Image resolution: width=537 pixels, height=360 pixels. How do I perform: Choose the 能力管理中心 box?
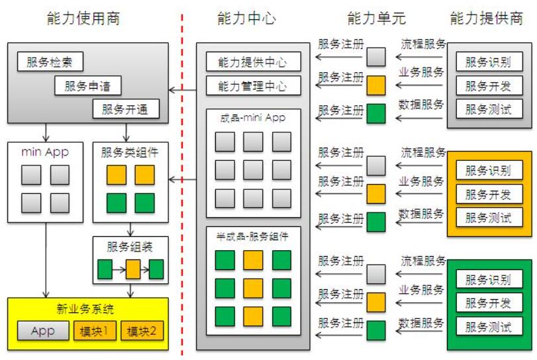coord(254,85)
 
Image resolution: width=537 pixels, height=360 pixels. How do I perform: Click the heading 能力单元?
coord(375,18)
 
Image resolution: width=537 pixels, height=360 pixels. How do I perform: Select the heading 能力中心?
coord(246,18)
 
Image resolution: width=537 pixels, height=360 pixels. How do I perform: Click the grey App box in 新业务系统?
coord(43,331)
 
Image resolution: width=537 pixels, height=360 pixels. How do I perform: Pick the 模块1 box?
coord(97,331)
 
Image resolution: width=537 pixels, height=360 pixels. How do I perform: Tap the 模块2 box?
coord(142,331)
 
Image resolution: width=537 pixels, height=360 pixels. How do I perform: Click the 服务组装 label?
coord(129,247)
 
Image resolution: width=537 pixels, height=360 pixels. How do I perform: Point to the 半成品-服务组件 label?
coord(254,234)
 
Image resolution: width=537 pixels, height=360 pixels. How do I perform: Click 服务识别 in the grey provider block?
coord(489,63)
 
